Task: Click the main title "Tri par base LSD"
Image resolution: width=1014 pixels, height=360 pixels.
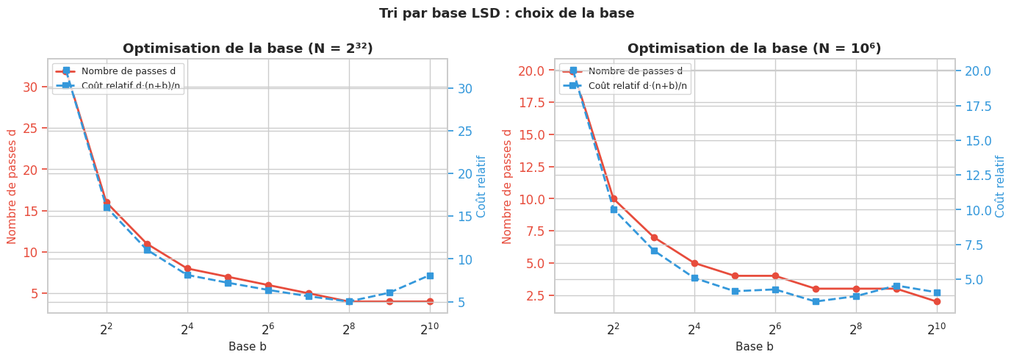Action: coord(506,13)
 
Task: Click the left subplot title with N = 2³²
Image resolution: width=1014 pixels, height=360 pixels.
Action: coord(248,48)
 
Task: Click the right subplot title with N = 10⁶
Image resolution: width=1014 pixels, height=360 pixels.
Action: coord(754,48)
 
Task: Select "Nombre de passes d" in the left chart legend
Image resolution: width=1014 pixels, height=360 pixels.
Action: coord(124,71)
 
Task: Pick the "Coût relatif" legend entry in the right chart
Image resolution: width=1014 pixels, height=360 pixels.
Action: coord(638,85)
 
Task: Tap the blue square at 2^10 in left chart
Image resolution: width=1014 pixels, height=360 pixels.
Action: coord(430,276)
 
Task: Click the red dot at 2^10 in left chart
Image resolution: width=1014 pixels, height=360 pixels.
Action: coord(430,301)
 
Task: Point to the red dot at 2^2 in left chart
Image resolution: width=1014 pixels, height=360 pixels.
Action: coord(107,202)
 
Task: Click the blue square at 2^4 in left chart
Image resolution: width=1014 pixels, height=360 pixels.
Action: coord(187,275)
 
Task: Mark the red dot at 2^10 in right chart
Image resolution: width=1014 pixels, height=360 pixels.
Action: coord(937,301)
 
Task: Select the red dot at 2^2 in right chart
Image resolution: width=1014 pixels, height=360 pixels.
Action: coord(614,198)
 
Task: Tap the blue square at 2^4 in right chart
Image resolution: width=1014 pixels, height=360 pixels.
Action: coord(694,278)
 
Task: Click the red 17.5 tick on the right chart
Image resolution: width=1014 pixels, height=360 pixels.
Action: coord(531,102)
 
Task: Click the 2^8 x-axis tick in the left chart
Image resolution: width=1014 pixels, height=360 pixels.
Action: coord(349,329)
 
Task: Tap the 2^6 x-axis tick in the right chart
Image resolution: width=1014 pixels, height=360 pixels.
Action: coord(774,329)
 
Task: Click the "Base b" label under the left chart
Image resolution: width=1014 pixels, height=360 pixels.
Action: coord(248,347)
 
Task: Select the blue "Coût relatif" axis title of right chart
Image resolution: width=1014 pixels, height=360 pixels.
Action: coord(1000,186)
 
